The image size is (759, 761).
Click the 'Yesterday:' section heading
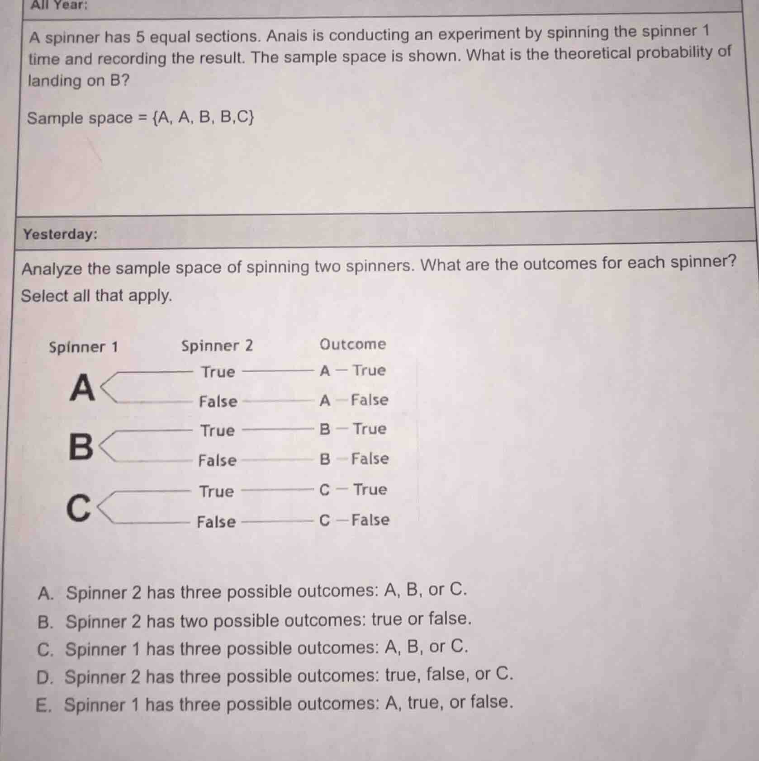pos(60,234)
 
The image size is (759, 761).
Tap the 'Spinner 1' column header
pos(83,347)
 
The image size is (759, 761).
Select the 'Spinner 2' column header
pos(217,346)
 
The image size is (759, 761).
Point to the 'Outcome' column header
pos(353,345)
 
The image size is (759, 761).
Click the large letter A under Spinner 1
pos(82,388)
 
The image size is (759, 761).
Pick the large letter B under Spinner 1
pos(81,446)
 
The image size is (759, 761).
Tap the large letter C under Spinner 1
pos(79,508)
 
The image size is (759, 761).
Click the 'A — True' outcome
pos(353,371)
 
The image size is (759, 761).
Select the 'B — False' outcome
pos(354,459)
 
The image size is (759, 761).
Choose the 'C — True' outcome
pos(353,490)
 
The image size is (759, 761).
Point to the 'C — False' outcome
pos(354,520)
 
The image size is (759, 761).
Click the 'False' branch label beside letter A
pos(218,402)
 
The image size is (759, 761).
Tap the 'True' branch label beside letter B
pos(218,430)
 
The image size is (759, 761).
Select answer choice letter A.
pos(46,593)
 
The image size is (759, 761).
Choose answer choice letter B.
pos(45,622)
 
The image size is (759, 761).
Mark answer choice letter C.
pos(45,650)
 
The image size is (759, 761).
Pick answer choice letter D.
pos(44,677)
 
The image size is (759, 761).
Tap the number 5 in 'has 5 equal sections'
pos(140,37)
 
